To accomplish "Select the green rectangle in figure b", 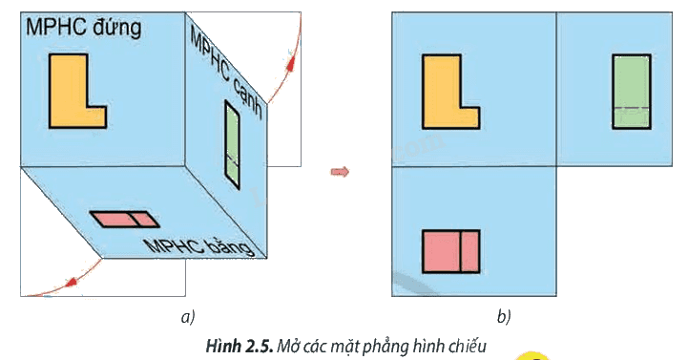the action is tap(632, 92).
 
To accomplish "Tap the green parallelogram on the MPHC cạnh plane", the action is tap(232, 145).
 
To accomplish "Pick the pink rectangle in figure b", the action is tap(451, 251).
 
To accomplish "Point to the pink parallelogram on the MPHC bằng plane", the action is tap(125, 220).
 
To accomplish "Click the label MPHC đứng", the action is tap(83, 28).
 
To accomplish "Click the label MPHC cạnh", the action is tap(226, 73).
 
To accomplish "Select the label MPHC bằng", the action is tap(199, 247).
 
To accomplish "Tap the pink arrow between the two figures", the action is tap(340, 171).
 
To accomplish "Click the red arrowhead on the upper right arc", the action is tap(289, 61).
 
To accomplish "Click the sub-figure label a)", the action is tap(188, 316).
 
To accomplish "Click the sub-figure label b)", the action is tap(504, 316).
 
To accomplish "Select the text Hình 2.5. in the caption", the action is tap(240, 347).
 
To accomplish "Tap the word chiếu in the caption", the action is tap(467, 347).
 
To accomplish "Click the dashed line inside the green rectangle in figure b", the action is tap(632, 108).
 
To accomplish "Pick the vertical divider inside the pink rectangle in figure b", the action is tap(460, 251).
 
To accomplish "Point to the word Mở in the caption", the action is tap(287, 347).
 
